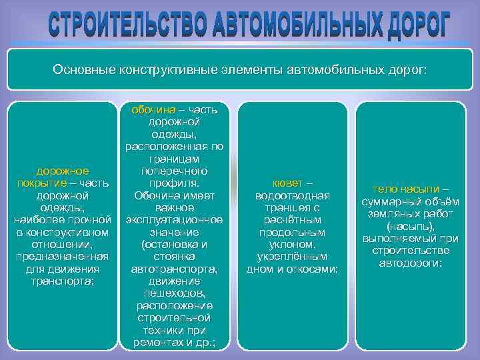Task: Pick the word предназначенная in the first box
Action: pos(63,257)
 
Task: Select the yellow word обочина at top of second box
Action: pos(153,109)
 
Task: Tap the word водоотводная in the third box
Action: pos(293,195)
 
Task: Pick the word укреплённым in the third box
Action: pos(293,256)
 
